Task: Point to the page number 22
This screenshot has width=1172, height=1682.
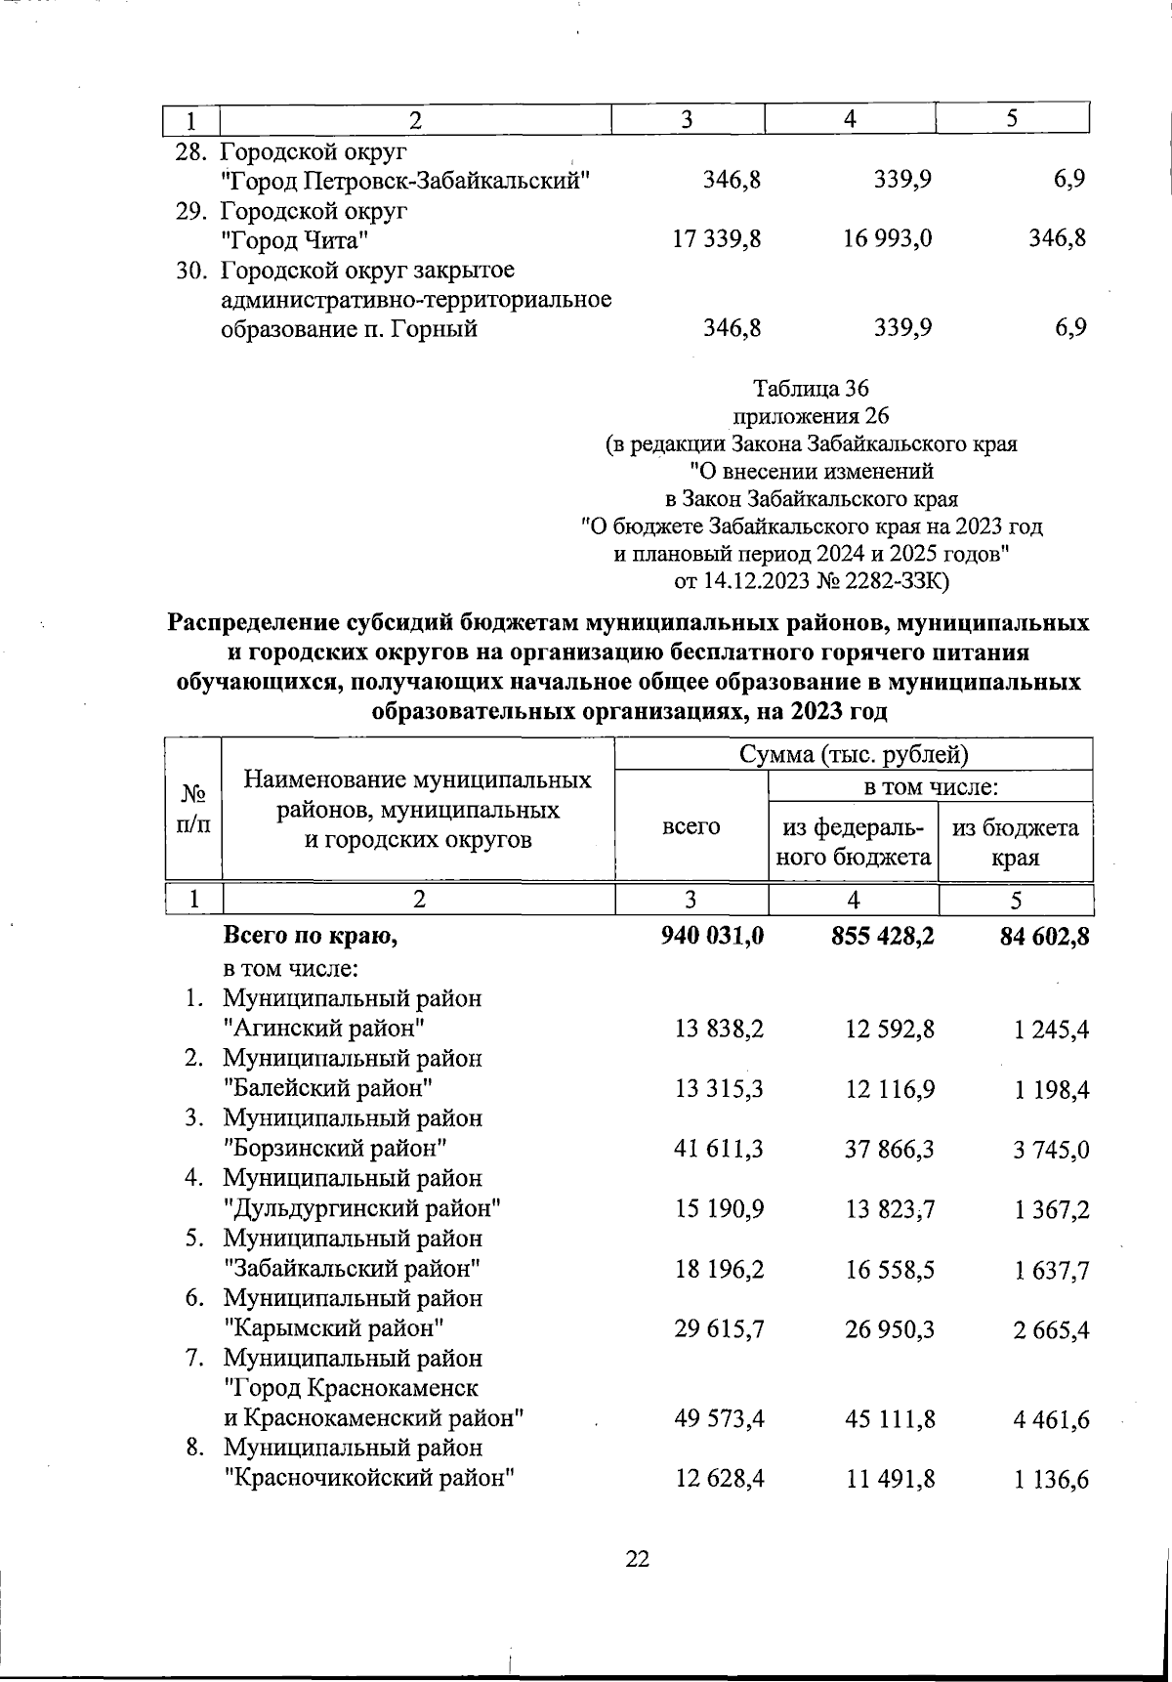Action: (637, 1559)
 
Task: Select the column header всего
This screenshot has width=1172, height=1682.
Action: (691, 826)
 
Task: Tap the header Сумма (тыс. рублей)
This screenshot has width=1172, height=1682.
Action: (853, 754)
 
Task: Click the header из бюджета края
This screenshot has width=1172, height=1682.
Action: (1016, 842)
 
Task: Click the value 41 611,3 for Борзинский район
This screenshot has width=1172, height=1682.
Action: (719, 1149)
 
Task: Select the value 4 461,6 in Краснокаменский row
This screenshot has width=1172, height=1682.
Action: (1051, 1418)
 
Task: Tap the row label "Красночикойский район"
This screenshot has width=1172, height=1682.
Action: (369, 1478)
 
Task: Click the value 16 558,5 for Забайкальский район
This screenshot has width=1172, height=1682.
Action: (890, 1270)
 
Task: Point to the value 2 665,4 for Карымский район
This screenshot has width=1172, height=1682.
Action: (1051, 1329)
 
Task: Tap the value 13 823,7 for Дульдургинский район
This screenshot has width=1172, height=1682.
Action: (890, 1209)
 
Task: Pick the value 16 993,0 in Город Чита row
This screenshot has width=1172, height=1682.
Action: (888, 238)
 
